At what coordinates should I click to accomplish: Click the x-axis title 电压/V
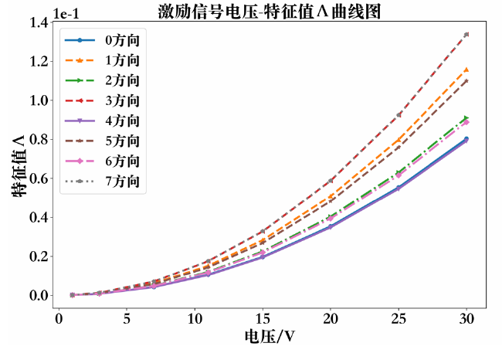[x=269, y=338]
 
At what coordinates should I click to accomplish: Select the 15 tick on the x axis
[x=263, y=318]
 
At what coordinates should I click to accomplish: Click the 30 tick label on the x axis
[x=466, y=318]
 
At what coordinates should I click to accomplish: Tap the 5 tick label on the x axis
[x=126, y=318]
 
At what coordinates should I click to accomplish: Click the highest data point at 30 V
[x=466, y=34]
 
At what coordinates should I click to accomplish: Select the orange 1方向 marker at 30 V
[x=466, y=70]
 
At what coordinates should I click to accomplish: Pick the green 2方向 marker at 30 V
[x=466, y=118]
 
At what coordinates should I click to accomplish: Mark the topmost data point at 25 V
[x=399, y=114]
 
